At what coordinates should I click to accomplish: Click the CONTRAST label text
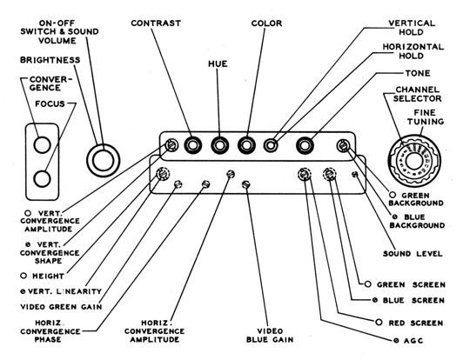[x=156, y=23]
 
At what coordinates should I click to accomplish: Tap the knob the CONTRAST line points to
[x=193, y=145]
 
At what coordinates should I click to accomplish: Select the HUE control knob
[x=219, y=145]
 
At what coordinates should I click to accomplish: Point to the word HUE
[x=218, y=63]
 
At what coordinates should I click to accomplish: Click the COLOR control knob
[x=246, y=145]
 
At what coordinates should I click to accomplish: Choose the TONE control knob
[x=305, y=145]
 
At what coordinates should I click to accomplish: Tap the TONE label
[x=418, y=73]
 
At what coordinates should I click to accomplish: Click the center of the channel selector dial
[x=414, y=161]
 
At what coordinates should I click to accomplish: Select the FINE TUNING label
[x=426, y=117]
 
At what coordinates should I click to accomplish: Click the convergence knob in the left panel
[x=43, y=145]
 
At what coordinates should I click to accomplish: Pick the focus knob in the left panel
[x=43, y=179]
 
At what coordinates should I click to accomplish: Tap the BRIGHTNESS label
[x=50, y=60]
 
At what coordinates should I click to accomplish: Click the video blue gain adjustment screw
[x=246, y=184]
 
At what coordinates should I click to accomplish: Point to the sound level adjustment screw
[x=355, y=175]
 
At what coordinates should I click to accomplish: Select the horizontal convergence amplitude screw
[x=231, y=174]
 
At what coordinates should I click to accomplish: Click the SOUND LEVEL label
[x=413, y=254]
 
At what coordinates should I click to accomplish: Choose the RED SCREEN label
[x=416, y=323]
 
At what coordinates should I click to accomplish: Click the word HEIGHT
[x=48, y=277]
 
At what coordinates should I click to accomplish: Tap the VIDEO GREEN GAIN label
[x=61, y=307]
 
